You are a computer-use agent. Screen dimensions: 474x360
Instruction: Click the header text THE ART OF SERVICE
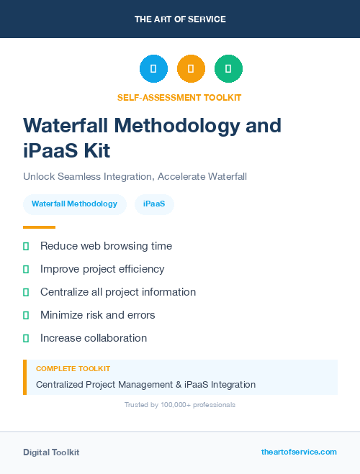[180, 19]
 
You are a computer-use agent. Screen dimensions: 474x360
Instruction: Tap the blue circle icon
[153, 68]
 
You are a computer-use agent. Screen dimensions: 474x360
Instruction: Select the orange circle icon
[191, 68]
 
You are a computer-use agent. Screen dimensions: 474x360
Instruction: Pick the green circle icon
[228, 68]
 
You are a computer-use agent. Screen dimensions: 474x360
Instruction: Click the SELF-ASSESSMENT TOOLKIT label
[179, 97]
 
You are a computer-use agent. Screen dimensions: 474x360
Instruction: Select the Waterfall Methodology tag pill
[74, 204]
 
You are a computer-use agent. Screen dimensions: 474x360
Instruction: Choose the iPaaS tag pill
[154, 204]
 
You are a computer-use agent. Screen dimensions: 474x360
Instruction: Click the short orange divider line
[39, 227]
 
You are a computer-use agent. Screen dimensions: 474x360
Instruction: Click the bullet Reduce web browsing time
[106, 246]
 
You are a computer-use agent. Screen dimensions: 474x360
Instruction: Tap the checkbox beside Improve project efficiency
[26, 269]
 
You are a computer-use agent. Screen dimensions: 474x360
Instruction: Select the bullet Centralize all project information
[118, 292]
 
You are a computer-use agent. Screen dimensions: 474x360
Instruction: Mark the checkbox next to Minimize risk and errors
[26, 315]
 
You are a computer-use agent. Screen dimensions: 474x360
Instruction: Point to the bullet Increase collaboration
[94, 338]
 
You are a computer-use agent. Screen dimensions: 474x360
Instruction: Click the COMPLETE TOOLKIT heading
[73, 368]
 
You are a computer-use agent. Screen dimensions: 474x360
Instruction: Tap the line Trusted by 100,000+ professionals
[180, 405]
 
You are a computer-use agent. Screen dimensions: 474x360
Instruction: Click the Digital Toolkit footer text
[51, 452]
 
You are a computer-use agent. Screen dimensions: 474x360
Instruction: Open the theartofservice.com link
[299, 452]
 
